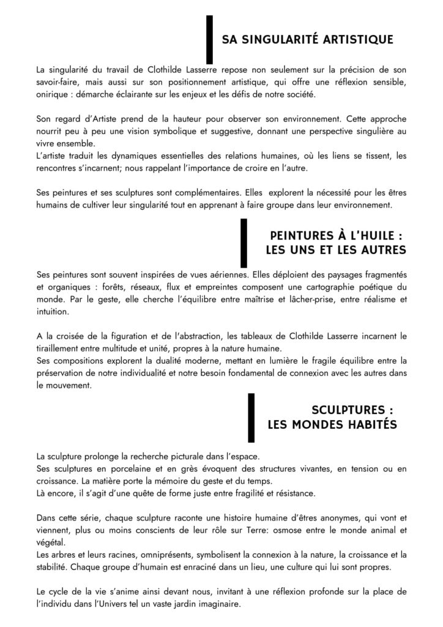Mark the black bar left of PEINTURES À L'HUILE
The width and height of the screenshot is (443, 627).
click(244, 242)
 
